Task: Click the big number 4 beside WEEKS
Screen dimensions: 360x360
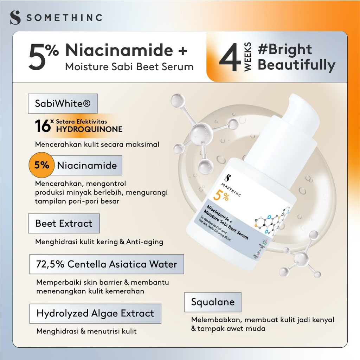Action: click(230, 58)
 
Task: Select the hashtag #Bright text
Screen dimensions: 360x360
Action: click(285, 50)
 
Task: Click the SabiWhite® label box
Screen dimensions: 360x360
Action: click(63, 104)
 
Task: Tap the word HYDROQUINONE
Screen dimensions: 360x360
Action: click(89, 129)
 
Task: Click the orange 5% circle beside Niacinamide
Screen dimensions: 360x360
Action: click(42, 165)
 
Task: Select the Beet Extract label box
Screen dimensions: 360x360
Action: click(64, 224)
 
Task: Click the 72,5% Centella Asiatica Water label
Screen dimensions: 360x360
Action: click(107, 264)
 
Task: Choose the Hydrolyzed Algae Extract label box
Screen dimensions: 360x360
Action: click(95, 314)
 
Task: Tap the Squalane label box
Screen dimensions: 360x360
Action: click(213, 302)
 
